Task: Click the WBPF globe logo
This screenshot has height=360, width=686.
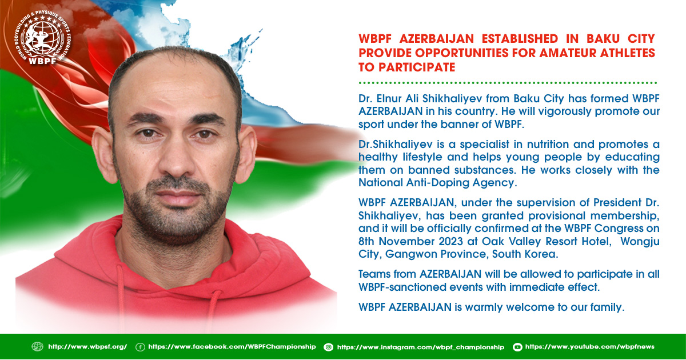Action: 42,38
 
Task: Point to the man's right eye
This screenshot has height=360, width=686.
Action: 147,133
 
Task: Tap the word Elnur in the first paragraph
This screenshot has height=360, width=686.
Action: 389,98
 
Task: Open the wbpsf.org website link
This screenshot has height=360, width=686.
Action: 87,347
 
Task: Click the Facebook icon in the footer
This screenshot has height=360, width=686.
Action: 140,347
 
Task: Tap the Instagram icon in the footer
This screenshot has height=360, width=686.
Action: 329,347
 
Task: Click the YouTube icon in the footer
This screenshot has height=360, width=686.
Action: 517,347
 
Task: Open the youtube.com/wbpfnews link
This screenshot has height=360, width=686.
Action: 590,347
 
